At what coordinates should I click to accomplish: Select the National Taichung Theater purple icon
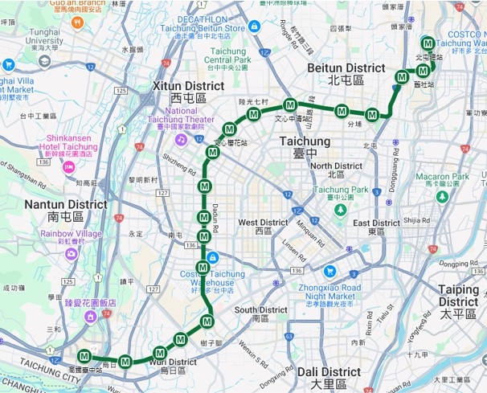[181, 140]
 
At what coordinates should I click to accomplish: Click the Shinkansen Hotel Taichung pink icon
[68, 166]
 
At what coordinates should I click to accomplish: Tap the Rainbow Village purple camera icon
[72, 253]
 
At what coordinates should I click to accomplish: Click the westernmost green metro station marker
[84, 356]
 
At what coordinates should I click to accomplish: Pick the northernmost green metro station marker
[428, 43]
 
